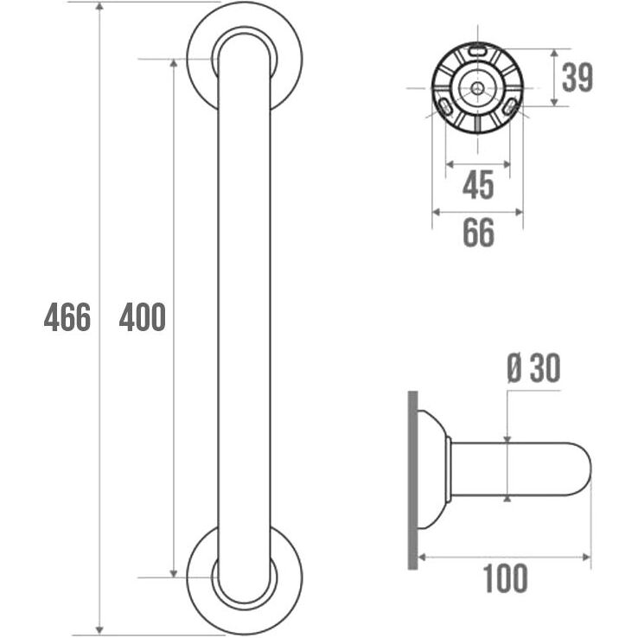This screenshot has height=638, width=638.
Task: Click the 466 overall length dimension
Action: pos(67,317)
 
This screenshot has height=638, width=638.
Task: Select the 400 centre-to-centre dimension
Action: pos(143,316)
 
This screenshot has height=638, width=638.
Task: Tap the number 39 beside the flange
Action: pos(577,78)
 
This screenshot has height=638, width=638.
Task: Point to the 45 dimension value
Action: pos(479,185)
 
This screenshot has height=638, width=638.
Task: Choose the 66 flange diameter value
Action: pos(479,233)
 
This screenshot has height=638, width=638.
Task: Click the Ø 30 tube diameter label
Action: pos(534,367)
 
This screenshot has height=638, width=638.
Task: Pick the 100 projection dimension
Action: pos(505,578)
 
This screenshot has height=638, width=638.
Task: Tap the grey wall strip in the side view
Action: pos(412,480)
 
